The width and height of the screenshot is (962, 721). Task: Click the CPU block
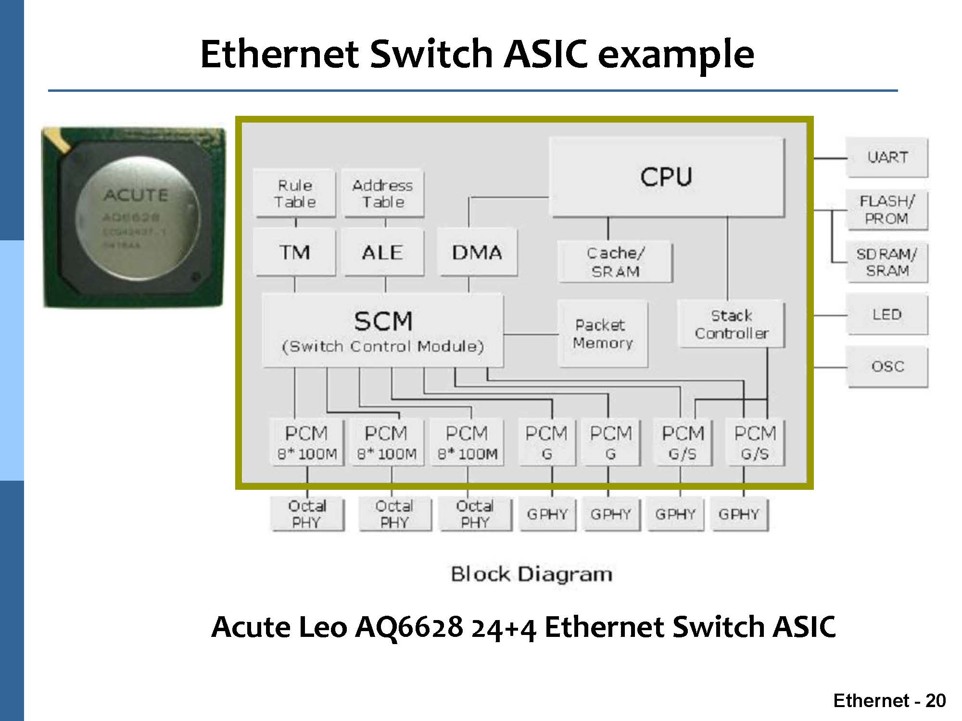coord(667,177)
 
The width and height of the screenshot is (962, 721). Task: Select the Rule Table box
coord(294,193)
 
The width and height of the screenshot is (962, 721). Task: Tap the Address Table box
coord(383,193)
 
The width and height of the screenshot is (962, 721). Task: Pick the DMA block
coord(477,252)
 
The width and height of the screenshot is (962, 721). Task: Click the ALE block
coord(383,252)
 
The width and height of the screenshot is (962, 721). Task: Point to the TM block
coord(294,252)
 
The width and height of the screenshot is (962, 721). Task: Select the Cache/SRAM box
coord(615,262)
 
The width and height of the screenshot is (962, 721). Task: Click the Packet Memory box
coord(602,334)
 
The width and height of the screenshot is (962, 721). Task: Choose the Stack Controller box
coord(731,324)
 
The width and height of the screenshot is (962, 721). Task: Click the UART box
coord(887,158)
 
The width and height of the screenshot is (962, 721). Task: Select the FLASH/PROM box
coord(887,210)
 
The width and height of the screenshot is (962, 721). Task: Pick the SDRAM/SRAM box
coord(887,262)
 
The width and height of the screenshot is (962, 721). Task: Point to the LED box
coord(887,315)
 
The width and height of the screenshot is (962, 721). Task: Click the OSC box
coord(887,367)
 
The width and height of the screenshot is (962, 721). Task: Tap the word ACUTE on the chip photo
coord(136,196)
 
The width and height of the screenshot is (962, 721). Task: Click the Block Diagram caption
coord(532,574)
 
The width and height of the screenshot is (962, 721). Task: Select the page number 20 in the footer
coord(935,701)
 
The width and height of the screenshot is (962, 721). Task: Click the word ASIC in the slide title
coord(545,54)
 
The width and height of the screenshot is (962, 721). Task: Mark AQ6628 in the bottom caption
coord(409,627)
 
